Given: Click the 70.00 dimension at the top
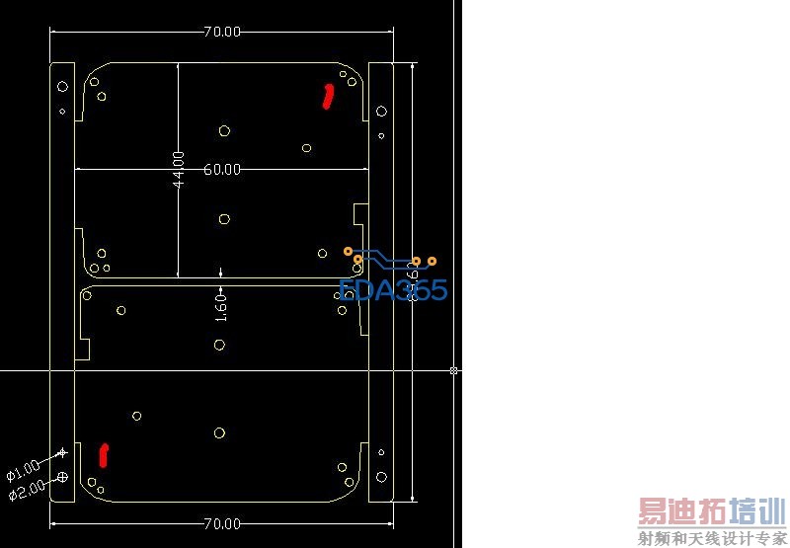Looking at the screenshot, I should click(222, 32).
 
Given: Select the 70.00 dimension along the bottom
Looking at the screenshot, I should click(222, 522).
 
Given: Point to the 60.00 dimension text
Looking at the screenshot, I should click(222, 169).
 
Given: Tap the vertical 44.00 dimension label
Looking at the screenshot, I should click(178, 170).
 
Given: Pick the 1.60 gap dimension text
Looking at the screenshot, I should click(221, 306).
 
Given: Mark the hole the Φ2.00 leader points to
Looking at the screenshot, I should click(63, 477).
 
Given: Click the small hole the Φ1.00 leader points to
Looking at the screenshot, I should click(62, 452).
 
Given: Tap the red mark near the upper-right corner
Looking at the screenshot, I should click(329, 96).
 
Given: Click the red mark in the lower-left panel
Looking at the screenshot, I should click(104, 454).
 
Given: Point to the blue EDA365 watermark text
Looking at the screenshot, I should click(393, 289).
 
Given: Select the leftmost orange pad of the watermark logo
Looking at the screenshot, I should click(348, 251).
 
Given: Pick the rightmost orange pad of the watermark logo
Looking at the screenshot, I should click(432, 261).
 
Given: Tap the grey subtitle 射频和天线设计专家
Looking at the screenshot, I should click(711, 538).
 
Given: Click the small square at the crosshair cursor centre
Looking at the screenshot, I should click(454, 370).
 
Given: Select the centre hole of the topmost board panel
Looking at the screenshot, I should click(225, 130).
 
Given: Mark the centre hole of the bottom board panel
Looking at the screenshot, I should click(219, 432).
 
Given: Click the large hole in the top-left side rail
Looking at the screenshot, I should click(62, 86).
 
